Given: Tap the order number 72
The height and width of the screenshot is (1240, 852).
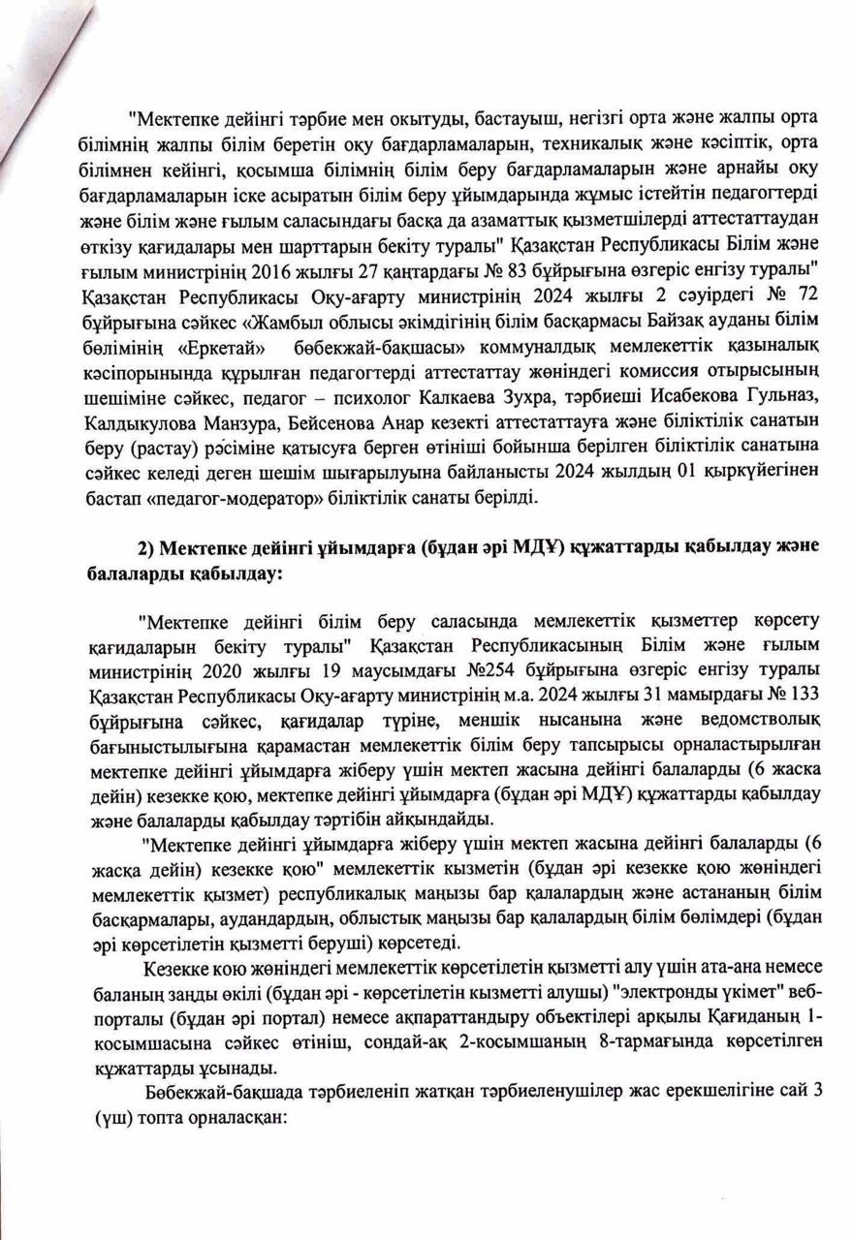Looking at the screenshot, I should pos(808,290).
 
